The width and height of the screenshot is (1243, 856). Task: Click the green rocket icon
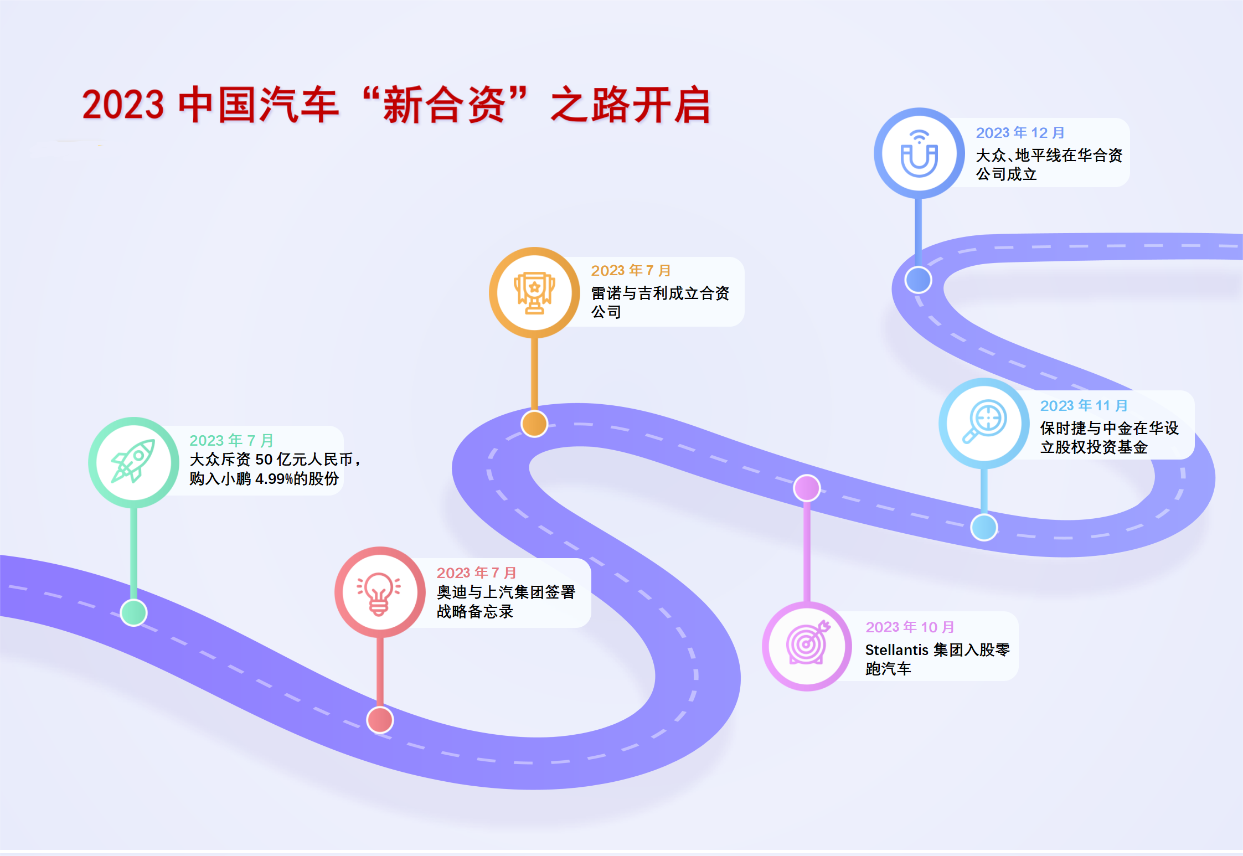tap(133, 462)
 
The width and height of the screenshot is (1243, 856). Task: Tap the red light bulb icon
tap(379, 592)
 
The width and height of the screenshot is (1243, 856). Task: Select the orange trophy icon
tap(534, 292)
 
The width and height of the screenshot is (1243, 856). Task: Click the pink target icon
tap(807, 646)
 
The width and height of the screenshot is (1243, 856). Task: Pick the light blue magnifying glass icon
tap(984, 422)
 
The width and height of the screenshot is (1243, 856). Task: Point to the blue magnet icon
tap(919, 153)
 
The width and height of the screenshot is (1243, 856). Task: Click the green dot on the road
tap(134, 612)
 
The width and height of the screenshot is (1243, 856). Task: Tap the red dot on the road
tap(380, 720)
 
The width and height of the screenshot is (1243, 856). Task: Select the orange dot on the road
tap(534, 424)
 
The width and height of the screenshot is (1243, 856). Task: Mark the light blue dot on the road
tap(984, 527)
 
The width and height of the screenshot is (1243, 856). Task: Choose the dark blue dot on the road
tap(919, 280)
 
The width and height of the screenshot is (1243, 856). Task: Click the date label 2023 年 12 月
tap(1020, 133)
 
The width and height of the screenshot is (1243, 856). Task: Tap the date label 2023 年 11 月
tap(1084, 406)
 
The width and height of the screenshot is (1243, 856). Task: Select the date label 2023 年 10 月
tap(910, 627)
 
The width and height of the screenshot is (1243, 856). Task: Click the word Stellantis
tap(896, 649)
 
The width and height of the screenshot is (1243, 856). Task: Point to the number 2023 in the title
tap(123, 105)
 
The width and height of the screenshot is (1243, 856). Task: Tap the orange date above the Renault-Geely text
tap(631, 271)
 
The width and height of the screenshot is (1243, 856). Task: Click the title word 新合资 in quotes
tap(444, 105)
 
